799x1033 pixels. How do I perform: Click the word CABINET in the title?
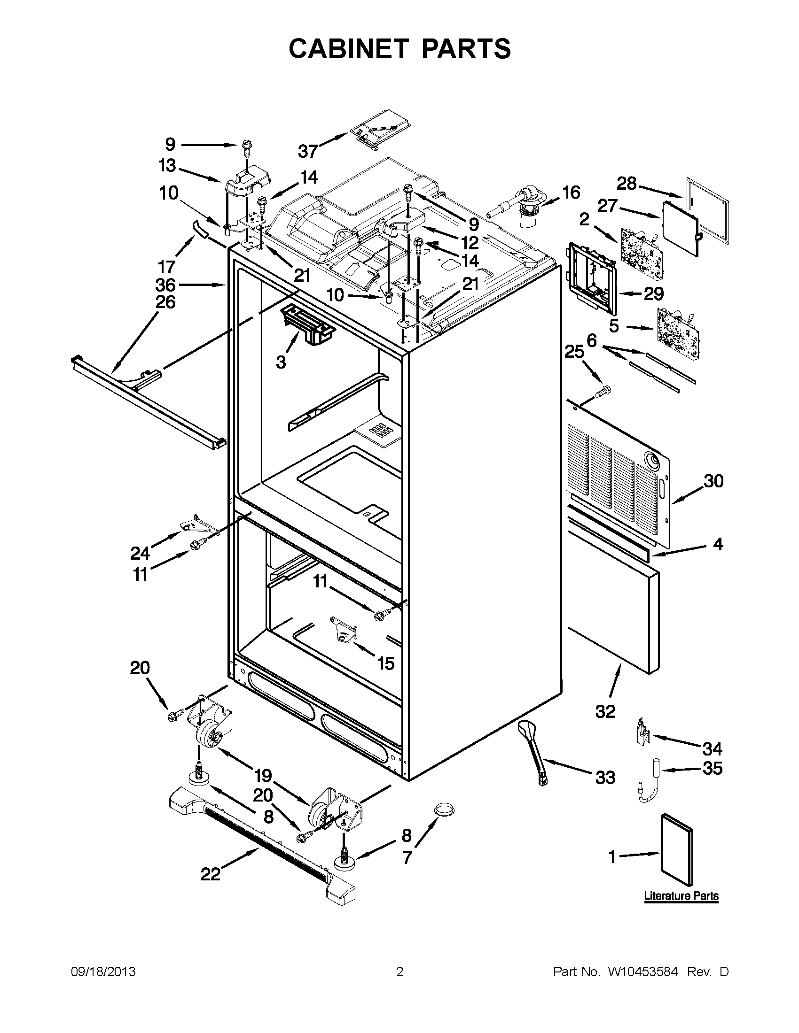click(348, 48)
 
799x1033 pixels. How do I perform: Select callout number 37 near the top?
click(308, 151)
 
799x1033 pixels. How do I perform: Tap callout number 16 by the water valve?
click(571, 193)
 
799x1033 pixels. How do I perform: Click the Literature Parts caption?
click(681, 896)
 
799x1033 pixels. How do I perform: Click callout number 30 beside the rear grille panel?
click(713, 481)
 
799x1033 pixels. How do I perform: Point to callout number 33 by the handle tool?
click(605, 777)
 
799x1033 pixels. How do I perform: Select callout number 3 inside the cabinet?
click(281, 363)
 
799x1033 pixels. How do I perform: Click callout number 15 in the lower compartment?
click(386, 663)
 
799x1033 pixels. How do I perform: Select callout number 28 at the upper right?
click(627, 184)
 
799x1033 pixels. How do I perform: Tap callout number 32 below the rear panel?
click(605, 711)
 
